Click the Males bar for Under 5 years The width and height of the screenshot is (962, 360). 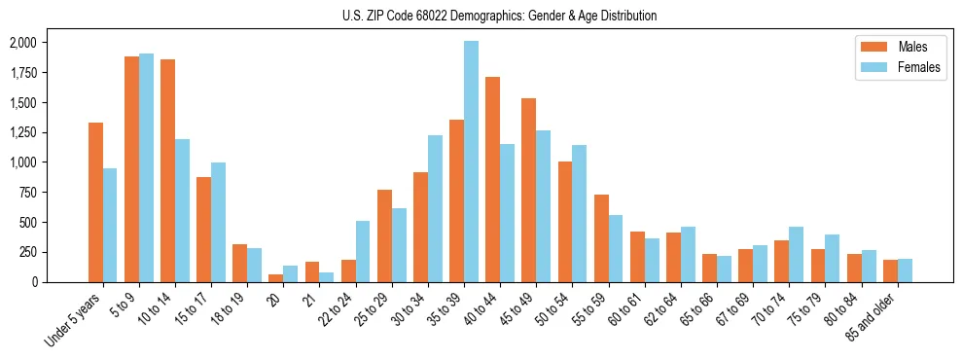(95, 202)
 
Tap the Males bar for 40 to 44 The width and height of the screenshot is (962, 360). (492, 179)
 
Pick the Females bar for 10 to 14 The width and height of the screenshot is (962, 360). (182, 210)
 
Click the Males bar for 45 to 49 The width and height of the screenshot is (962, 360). (528, 190)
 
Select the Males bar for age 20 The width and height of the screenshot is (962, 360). (276, 277)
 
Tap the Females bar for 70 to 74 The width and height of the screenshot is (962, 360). (796, 254)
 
